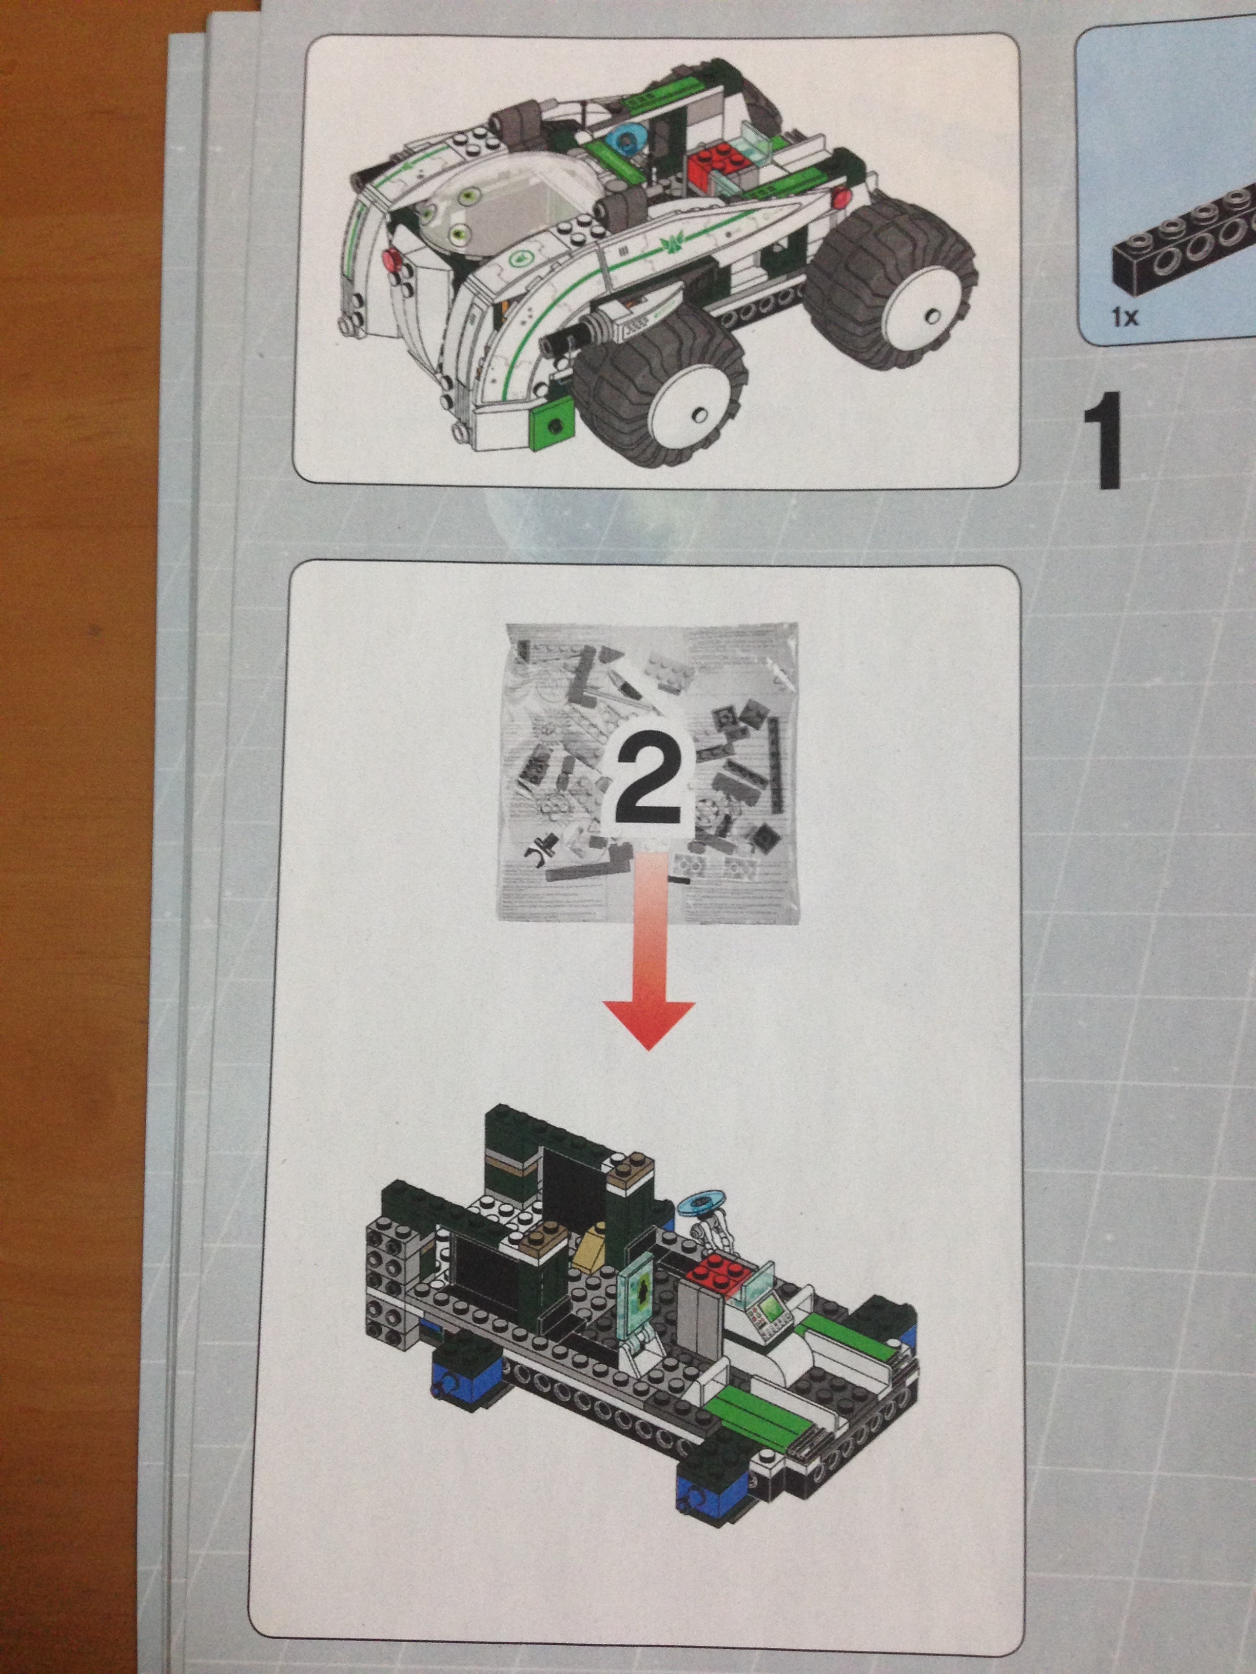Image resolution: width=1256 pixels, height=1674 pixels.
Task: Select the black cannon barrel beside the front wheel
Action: (x=575, y=336)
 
